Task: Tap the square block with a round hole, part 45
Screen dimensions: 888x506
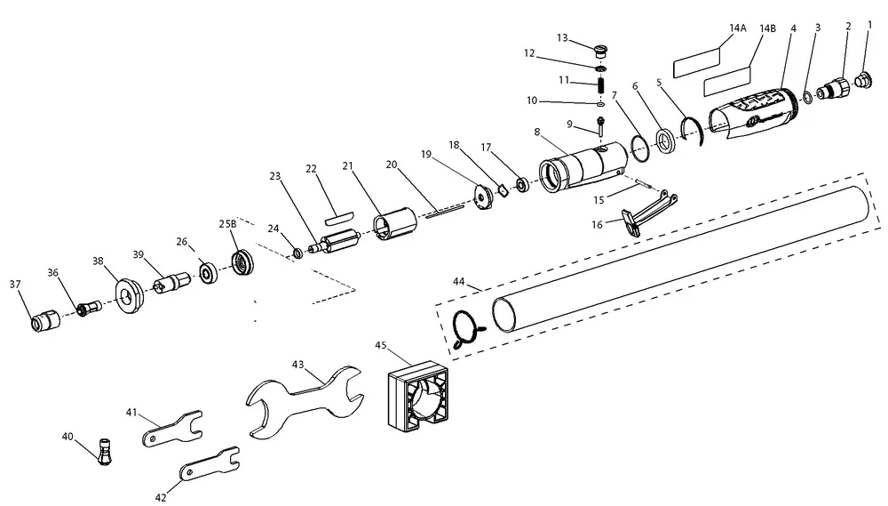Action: tap(418, 397)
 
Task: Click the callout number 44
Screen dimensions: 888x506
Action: tap(459, 281)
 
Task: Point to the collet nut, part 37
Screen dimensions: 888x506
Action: tap(44, 320)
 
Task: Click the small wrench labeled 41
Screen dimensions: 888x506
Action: tap(172, 429)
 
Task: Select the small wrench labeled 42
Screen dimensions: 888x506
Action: tap(210, 464)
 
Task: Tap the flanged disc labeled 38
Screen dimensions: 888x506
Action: tap(130, 295)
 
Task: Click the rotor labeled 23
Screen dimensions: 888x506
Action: tap(335, 242)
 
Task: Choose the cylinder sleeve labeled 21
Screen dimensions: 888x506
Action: tap(395, 225)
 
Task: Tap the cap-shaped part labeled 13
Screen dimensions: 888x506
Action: tap(601, 52)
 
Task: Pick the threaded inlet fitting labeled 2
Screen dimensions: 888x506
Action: tap(834, 89)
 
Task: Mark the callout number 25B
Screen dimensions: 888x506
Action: tap(227, 223)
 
